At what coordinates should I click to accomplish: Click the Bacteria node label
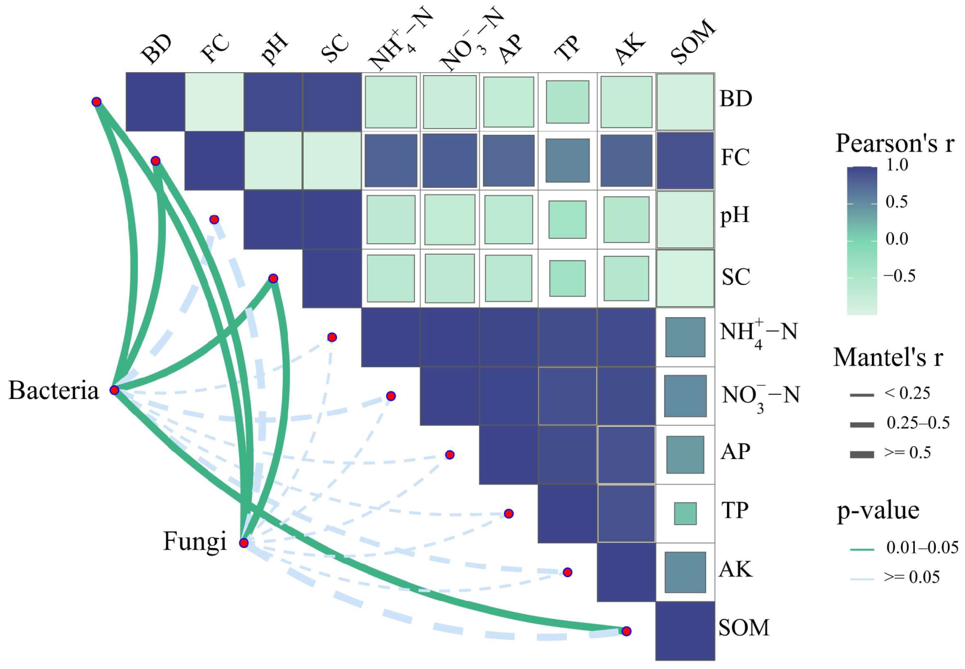pos(54,391)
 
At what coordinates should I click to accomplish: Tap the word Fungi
pos(195,541)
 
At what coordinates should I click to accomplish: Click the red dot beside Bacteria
pos(115,391)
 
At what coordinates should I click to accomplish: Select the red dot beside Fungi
pos(243,543)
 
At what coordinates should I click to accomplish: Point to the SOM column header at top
pos(692,42)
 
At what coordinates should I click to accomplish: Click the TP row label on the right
pos(735,511)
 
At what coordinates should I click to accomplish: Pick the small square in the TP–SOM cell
pos(685,513)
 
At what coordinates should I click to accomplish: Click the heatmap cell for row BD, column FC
pos(214,102)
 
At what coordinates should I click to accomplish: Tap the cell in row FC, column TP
pos(568,160)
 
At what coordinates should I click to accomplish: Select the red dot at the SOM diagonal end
pos(626,631)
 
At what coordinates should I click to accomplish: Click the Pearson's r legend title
pos(895,144)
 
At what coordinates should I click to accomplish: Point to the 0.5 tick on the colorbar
pos(896,202)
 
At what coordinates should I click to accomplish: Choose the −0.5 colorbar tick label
pos(899,275)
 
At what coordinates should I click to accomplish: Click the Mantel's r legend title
pos(888,358)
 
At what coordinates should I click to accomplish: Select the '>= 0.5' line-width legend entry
pos(907,453)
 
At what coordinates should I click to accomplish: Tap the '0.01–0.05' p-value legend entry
pos(922,547)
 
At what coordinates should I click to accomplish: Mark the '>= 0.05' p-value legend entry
pos(911,577)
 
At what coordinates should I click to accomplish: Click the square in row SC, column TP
pos(568,278)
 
